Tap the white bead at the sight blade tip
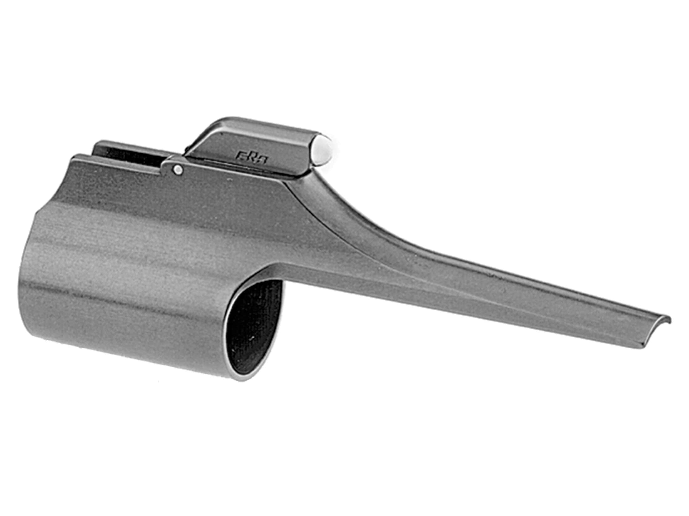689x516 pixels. point(321,150)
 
